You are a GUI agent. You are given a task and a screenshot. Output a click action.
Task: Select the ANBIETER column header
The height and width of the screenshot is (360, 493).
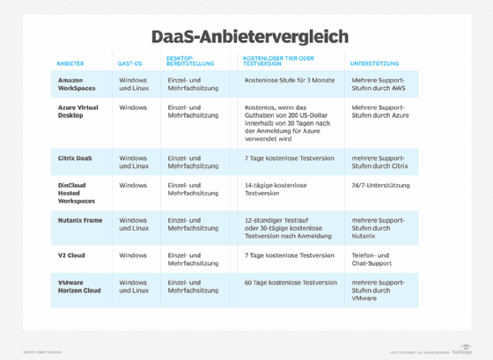click(70, 63)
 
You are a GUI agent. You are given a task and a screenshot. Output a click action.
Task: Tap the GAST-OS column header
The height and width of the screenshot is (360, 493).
click(131, 63)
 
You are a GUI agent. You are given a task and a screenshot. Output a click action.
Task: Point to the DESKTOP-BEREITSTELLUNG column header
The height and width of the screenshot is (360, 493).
click(187, 61)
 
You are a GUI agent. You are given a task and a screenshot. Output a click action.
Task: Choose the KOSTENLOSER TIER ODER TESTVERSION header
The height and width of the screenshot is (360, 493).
click(277, 61)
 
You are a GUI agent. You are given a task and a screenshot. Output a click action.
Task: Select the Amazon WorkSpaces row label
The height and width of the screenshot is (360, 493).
click(77, 84)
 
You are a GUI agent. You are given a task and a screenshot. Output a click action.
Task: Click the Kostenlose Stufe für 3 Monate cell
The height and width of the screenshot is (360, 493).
click(285, 79)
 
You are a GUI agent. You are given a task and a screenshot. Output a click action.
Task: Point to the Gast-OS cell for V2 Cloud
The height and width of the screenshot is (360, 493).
click(133, 255)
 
